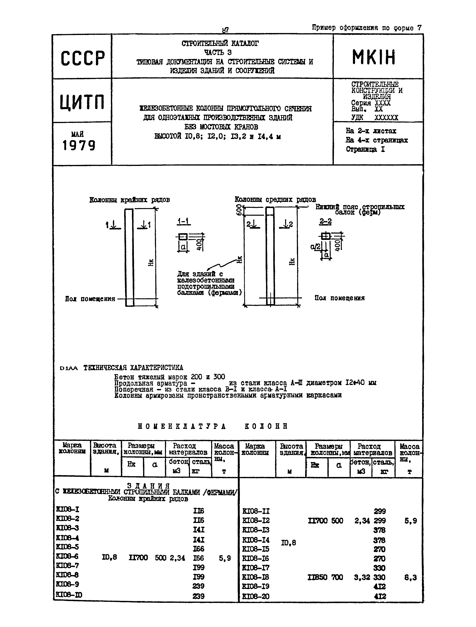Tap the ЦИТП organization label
(x=82, y=102)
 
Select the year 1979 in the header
(x=79, y=145)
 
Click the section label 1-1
(x=184, y=221)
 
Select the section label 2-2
(x=325, y=221)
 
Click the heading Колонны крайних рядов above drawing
(x=130, y=200)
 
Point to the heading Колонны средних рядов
(x=275, y=200)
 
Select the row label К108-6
(x=67, y=556)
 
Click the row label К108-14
(x=256, y=540)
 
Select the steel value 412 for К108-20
(x=380, y=596)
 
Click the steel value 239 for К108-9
(x=198, y=586)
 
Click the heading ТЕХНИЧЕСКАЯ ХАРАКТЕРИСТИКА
(x=133, y=368)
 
